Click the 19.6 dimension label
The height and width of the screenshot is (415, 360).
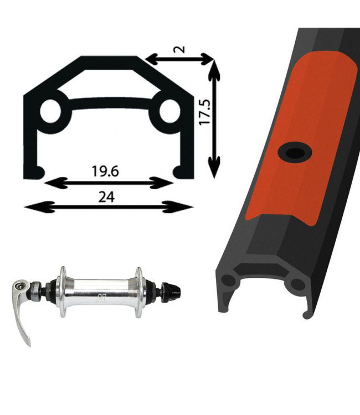click(x=105, y=171)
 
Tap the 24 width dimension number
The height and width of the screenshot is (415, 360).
click(x=106, y=197)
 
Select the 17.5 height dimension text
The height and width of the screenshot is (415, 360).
click(x=205, y=112)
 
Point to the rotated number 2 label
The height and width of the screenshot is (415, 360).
click(x=181, y=49)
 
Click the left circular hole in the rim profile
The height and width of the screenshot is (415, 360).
click(x=51, y=111)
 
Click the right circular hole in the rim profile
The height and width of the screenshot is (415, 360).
click(x=170, y=111)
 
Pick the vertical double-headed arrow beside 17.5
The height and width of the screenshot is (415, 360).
click(x=214, y=119)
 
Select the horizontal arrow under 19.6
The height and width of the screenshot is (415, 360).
click(x=109, y=183)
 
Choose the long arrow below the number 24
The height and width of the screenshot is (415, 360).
click(x=109, y=207)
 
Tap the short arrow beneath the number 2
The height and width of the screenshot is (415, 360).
click(x=179, y=59)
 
